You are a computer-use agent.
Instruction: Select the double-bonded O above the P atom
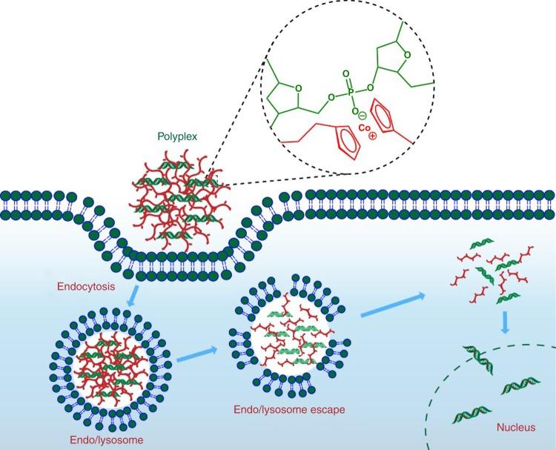tap(344, 73)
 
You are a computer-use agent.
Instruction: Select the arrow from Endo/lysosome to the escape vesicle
tap(199, 358)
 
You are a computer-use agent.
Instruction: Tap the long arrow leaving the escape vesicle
tap(393, 305)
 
